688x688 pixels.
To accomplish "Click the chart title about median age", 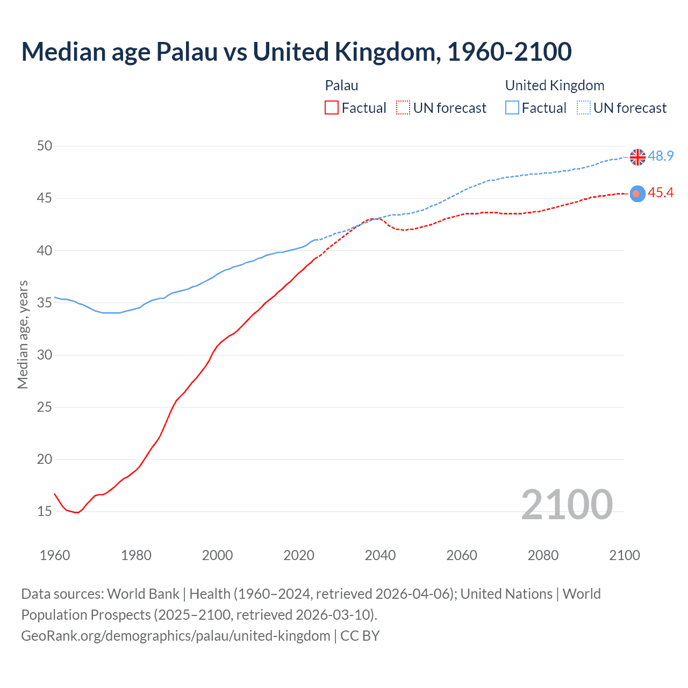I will coord(296,52).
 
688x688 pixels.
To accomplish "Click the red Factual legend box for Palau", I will coord(332,108).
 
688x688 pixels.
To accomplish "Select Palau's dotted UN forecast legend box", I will coord(403,108).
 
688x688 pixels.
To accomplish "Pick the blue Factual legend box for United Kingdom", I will coord(512,108).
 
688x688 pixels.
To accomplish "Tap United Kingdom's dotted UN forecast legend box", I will coord(584,108).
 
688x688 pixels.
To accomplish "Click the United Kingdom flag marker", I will coord(637,157).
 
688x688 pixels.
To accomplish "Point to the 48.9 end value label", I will coord(661,156).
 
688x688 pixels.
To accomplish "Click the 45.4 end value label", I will coord(661,193).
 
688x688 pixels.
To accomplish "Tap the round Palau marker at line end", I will coord(637,193).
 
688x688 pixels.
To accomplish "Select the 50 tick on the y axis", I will coord(45,146).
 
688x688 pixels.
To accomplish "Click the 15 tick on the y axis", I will coord(45,511).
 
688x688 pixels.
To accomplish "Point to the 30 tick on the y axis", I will coord(45,355).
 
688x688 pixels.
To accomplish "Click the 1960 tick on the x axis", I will coord(55,555).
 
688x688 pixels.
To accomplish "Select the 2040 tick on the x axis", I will coord(380,555).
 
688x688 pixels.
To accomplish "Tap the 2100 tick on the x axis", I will coord(624,555).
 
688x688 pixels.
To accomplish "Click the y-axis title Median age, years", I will coord(23,334).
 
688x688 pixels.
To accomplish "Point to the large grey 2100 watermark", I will coord(567,504).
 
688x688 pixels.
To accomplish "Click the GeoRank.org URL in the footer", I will coord(176,636).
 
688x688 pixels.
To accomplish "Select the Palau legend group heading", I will coord(342,85).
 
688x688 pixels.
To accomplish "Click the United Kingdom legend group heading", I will coord(555,85).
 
